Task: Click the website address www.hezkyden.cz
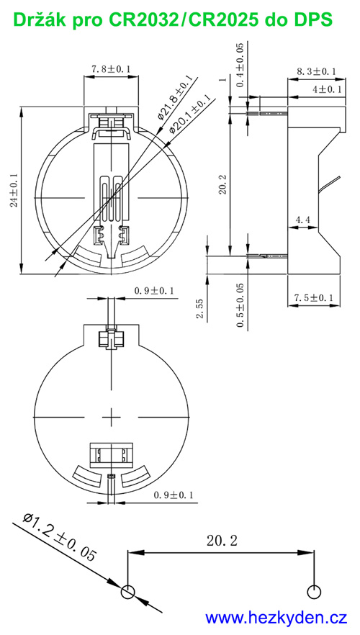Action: click(x=276, y=617)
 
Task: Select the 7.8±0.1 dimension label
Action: click(x=111, y=69)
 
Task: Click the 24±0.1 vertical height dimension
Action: click(x=13, y=190)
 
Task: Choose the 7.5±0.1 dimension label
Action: click(x=315, y=298)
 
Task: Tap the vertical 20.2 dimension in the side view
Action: click(x=222, y=184)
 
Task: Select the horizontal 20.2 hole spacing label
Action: click(x=220, y=539)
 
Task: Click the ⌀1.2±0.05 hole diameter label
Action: click(x=60, y=537)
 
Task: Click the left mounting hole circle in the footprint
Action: click(x=127, y=592)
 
